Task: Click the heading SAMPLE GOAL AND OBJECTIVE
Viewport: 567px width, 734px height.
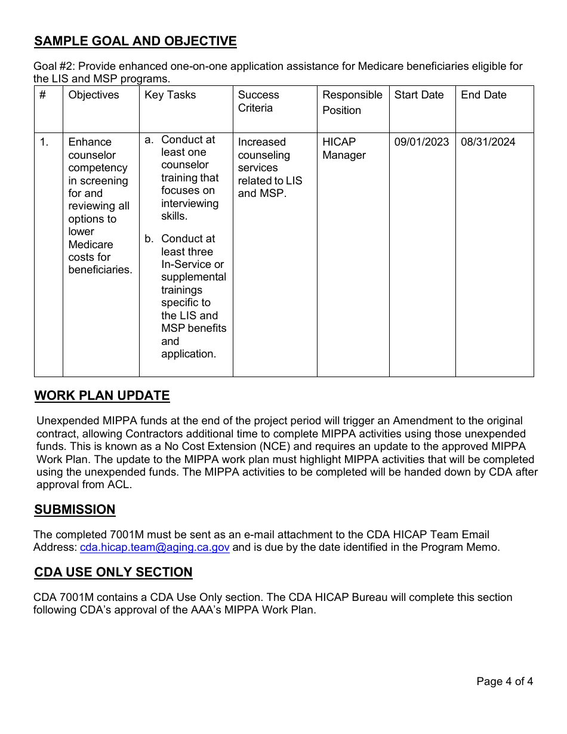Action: (x=135, y=41)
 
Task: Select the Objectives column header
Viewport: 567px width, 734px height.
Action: (x=94, y=95)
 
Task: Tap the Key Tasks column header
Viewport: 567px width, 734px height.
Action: (x=170, y=95)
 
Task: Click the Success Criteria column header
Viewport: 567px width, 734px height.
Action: (x=258, y=101)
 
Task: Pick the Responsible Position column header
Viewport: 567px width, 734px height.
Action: (x=352, y=103)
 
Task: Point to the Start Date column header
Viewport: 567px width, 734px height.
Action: (x=419, y=95)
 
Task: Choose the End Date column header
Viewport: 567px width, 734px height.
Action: (x=483, y=95)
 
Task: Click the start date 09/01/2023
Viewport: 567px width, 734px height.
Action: (x=421, y=142)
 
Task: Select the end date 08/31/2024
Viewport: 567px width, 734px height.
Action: (x=488, y=142)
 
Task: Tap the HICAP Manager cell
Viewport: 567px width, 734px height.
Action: (x=344, y=149)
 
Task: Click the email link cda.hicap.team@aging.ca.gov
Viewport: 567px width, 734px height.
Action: (x=155, y=547)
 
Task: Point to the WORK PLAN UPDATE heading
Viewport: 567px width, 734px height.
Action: (x=102, y=396)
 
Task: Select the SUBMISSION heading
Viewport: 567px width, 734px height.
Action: (x=75, y=510)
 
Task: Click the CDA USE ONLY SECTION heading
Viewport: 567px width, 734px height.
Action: (x=113, y=572)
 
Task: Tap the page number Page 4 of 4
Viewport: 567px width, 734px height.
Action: (x=504, y=681)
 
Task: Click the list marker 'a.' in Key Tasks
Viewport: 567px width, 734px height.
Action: (x=149, y=140)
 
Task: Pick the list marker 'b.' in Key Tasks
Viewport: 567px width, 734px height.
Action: (x=149, y=239)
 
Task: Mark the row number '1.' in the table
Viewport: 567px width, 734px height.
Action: (x=44, y=142)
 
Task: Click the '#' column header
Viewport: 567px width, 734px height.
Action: (x=42, y=95)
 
